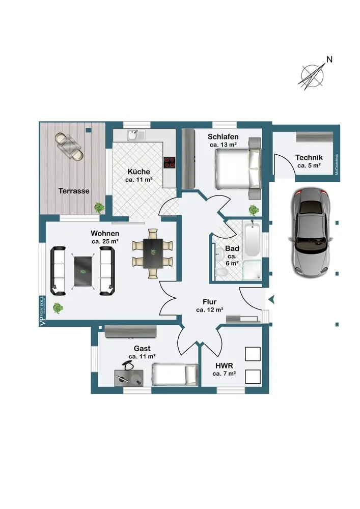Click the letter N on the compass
pyautogui.click(x=329, y=60)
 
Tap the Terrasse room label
pyautogui.click(x=74, y=191)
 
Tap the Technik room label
pyautogui.click(x=308, y=158)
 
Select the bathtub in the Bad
pyautogui.click(x=252, y=240)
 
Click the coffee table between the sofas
pyautogui.click(x=83, y=270)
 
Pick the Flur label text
pyautogui.click(x=209, y=302)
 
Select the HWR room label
pyautogui.click(x=224, y=365)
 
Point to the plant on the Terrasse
pyautogui.click(x=99, y=207)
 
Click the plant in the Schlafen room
pyautogui.click(x=253, y=210)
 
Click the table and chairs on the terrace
pyautogui.click(x=69, y=146)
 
